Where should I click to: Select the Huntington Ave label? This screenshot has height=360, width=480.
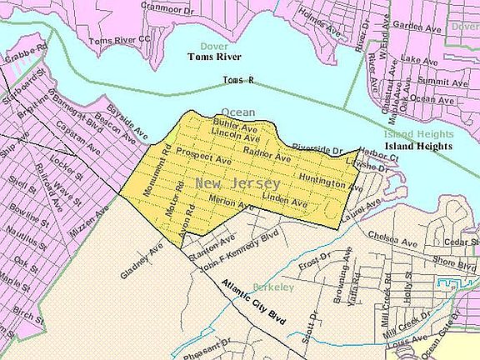point(332,179)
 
